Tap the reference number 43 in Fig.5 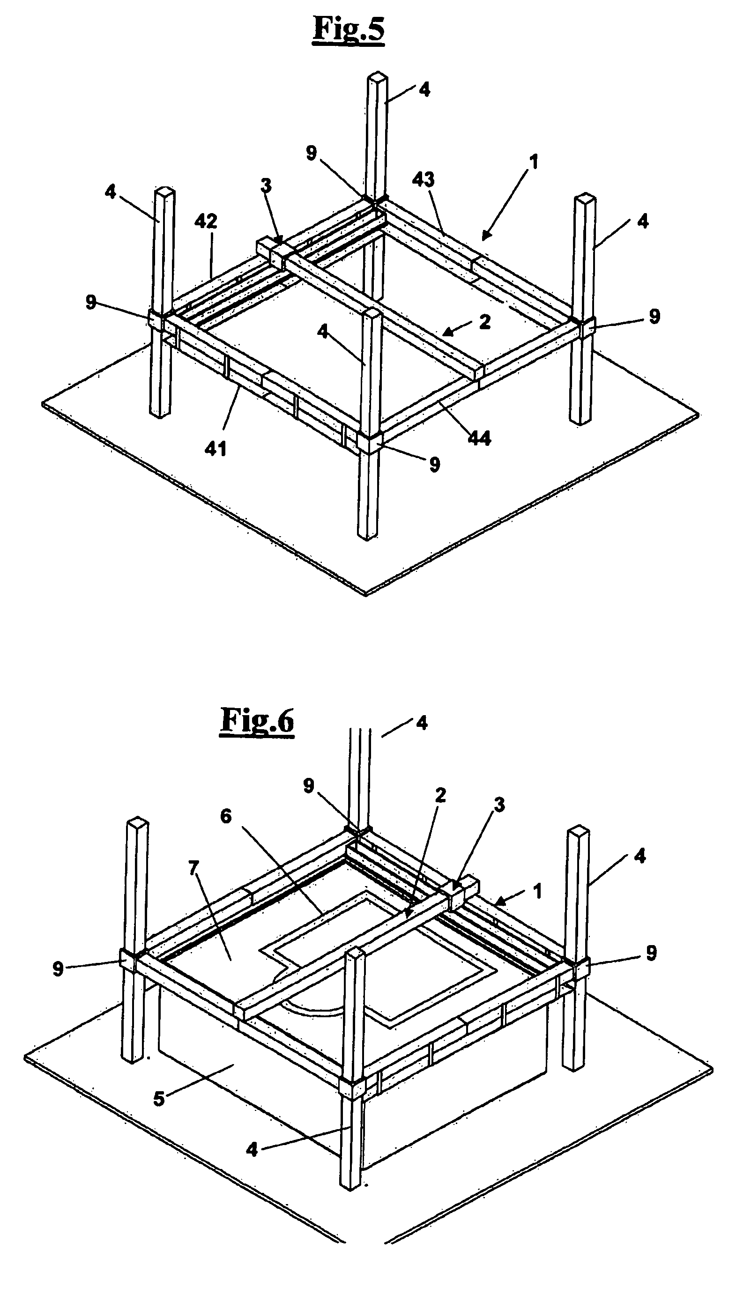[423, 180]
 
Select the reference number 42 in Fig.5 [206, 222]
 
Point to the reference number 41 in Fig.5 [216, 449]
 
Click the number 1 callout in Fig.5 [533, 163]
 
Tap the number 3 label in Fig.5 [266, 186]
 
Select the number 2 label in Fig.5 [485, 322]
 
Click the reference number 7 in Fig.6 [193, 869]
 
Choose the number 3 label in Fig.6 [499, 805]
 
